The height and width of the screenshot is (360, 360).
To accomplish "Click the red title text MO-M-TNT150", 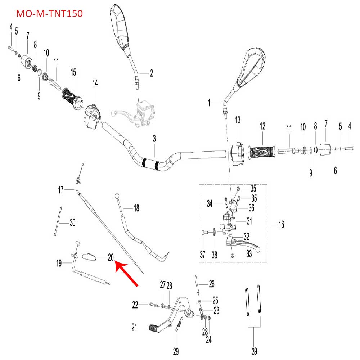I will click(50, 14).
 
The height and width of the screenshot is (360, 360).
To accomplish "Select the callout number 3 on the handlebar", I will click(154, 139).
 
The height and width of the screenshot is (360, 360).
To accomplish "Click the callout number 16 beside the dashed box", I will click(281, 225).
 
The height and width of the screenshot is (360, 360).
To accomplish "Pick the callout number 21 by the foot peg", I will click(134, 327).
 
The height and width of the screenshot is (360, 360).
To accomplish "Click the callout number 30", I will click(72, 223).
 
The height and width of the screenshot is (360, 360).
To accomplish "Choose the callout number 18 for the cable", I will click(136, 208).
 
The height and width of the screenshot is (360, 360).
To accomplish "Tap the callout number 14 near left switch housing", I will click(95, 83).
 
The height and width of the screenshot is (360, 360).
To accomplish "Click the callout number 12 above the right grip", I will click(262, 126).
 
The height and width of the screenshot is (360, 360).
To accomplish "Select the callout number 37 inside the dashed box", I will click(202, 255).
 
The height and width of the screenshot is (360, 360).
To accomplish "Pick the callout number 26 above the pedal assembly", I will click(211, 284).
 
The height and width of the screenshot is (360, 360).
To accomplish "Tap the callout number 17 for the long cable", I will click(61, 189).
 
